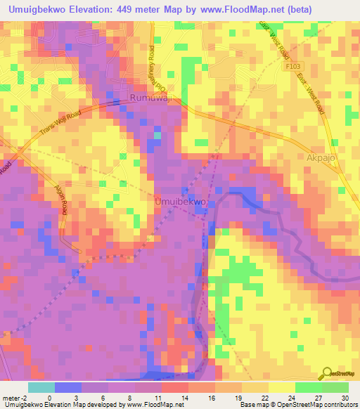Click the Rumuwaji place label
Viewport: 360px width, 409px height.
(x=153, y=99)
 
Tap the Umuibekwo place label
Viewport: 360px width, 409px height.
(x=180, y=202)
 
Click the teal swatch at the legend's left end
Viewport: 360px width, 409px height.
(x=41, y=387)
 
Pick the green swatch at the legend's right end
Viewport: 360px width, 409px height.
(x=335, y=387)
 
